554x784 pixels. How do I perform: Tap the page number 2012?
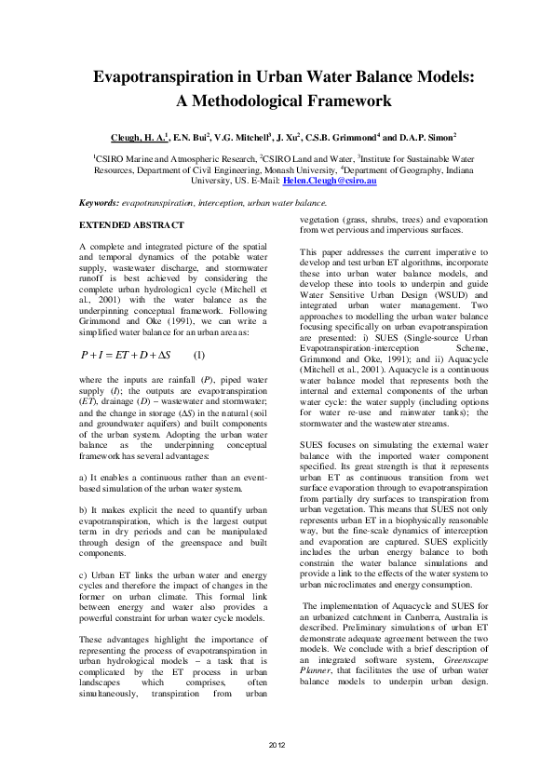277,746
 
